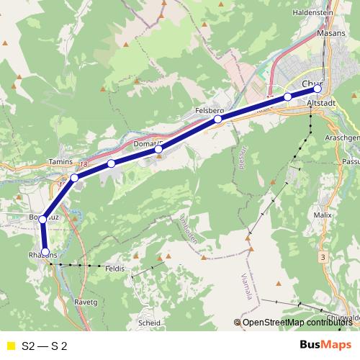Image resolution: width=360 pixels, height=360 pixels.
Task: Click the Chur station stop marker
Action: (318, 89)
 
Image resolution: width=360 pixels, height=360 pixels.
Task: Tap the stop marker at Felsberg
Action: (217, 119)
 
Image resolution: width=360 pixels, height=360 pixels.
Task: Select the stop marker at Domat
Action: (158, 149)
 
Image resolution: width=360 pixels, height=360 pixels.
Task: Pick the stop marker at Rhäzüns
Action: (45, 252)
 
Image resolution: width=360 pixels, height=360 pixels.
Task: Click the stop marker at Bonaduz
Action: (43, 219)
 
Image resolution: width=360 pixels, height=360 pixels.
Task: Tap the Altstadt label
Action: (320, 104)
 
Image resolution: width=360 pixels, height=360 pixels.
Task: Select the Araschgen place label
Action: (341, 137)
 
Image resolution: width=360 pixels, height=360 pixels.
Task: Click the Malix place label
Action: (323, 215)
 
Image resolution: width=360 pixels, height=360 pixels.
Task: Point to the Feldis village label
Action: (114, 269)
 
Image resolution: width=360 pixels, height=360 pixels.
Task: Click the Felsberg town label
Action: (210, 110)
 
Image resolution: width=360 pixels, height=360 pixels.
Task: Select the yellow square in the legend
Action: (9, 346)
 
